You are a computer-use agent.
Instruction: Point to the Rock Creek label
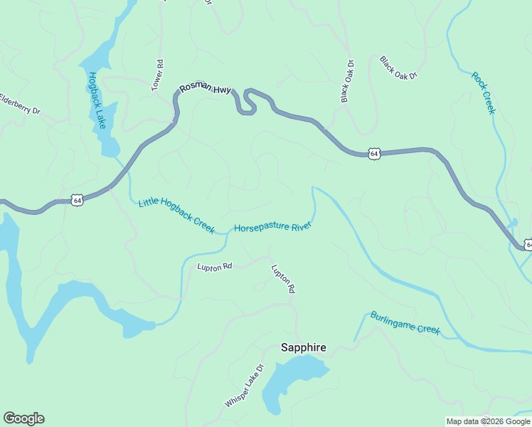(x=483, y=93)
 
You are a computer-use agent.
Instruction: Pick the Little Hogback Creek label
(x=176, y=215)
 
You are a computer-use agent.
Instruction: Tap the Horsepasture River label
(x=273, y=227)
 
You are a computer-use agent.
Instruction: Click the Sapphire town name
(x=303, y=347)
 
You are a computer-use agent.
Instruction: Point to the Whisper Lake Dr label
(x=244, y=386)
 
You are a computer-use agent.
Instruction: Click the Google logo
(x=23, y=418)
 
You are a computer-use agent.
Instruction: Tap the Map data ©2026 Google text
(x=488, y=421)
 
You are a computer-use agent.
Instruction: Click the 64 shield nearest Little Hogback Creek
(x=78, y=201)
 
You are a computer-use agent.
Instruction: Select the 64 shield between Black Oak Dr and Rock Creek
(x=374, y=153)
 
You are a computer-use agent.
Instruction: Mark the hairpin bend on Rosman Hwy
(x=248, y=102)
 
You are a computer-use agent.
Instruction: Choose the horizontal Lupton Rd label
(x=215, y=266)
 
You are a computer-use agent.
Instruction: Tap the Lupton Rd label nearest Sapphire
(x=282, y=279)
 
